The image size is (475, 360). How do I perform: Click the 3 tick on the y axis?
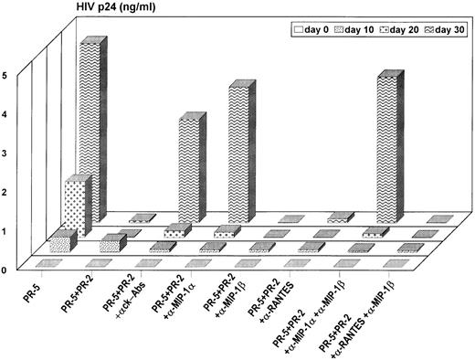click(6, 153)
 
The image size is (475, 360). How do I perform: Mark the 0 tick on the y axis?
click(6, 269)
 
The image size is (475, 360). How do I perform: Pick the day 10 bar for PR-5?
click(62, 243)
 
